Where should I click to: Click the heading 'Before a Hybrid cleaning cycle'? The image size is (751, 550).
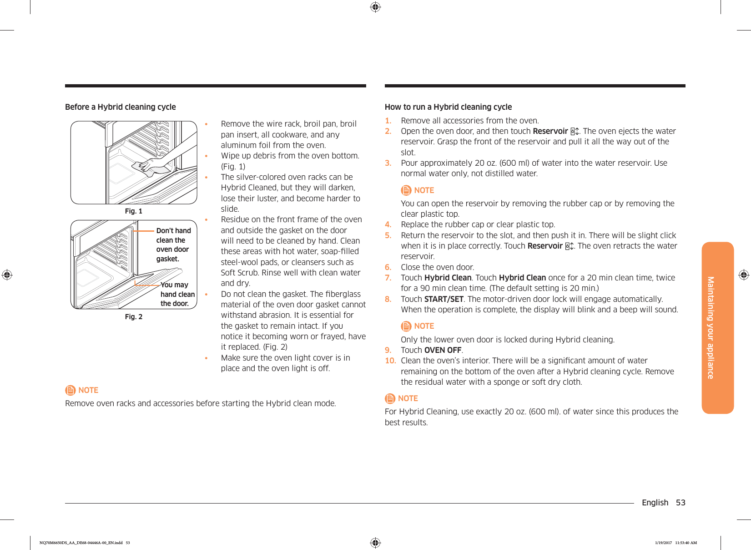(x=121, y=107)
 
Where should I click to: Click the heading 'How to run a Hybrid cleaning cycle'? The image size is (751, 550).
(x=448, y=107)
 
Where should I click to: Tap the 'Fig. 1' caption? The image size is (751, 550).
(x=134, y=211)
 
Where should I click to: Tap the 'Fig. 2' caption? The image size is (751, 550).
(x=134, y=317)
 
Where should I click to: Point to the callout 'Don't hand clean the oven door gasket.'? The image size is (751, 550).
(x=173, y=245)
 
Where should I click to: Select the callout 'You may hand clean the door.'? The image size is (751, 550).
(x=177, y=294)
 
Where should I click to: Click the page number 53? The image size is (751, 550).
(x=680, y=503)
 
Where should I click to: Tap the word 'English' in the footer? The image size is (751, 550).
(x=655, y=503)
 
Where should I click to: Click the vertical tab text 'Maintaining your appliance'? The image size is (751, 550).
(x=711, y=327)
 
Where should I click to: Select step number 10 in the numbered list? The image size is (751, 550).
(x=390, y=361)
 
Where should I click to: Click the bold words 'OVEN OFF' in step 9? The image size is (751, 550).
(x=443, y=350)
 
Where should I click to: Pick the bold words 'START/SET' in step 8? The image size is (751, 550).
(x=444, y=299)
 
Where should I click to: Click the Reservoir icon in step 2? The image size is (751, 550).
(x=575, y=132)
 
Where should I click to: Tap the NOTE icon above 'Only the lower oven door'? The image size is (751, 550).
(x=406, y=326)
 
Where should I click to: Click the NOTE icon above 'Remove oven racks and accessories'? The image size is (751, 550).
(x=71, y=390)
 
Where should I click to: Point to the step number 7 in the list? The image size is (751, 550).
(x=388, y=278)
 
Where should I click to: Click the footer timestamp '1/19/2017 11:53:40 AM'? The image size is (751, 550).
(x=675, y=543)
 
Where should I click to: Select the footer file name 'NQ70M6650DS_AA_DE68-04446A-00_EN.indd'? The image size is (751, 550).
(x=81, y=543)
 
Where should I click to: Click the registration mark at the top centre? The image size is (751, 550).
(x=375, y=7)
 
